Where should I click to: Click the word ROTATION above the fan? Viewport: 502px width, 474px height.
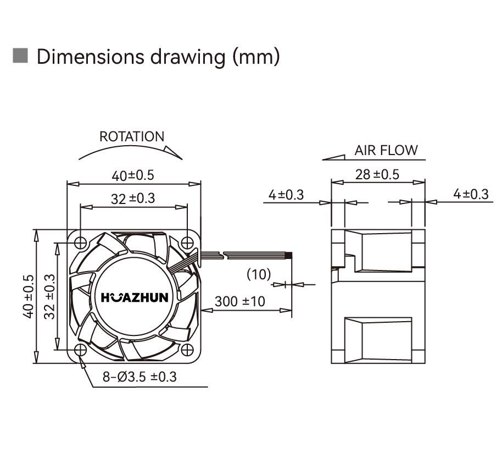pos(132,137)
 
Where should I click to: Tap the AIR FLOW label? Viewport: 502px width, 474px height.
pos(386,150)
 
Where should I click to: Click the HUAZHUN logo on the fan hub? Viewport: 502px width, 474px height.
pos(135,297)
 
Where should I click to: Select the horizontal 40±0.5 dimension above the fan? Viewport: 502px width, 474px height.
pos(133,175)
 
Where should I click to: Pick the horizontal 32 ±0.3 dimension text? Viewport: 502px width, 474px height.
pos(133,199)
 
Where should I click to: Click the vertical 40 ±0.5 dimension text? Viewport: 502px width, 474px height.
pos(29,296)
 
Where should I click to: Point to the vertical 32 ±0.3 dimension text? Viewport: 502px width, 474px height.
pos(49,296)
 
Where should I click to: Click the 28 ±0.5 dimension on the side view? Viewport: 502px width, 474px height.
pos(377,175)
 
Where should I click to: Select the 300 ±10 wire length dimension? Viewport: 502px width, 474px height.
pos(240,301)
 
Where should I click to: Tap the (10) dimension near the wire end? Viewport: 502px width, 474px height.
pos(259,274)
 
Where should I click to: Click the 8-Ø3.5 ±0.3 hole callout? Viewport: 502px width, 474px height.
pos(140,377)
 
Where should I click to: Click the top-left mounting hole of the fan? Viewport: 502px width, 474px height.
pos(80,243)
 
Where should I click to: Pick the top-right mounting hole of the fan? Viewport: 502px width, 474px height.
pos(187,243)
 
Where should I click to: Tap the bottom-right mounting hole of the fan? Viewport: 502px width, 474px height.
pos(187,350)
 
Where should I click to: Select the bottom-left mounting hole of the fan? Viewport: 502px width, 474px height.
pos(80,350)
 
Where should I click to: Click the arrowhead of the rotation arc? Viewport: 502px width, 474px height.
pos(173,152)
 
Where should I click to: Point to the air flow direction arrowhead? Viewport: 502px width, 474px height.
pos(333,157)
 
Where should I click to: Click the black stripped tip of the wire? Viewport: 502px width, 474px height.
pos(290,256)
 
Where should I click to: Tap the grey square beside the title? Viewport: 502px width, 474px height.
pos(20,56)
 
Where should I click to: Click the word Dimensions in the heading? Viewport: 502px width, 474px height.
pos(91,57)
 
